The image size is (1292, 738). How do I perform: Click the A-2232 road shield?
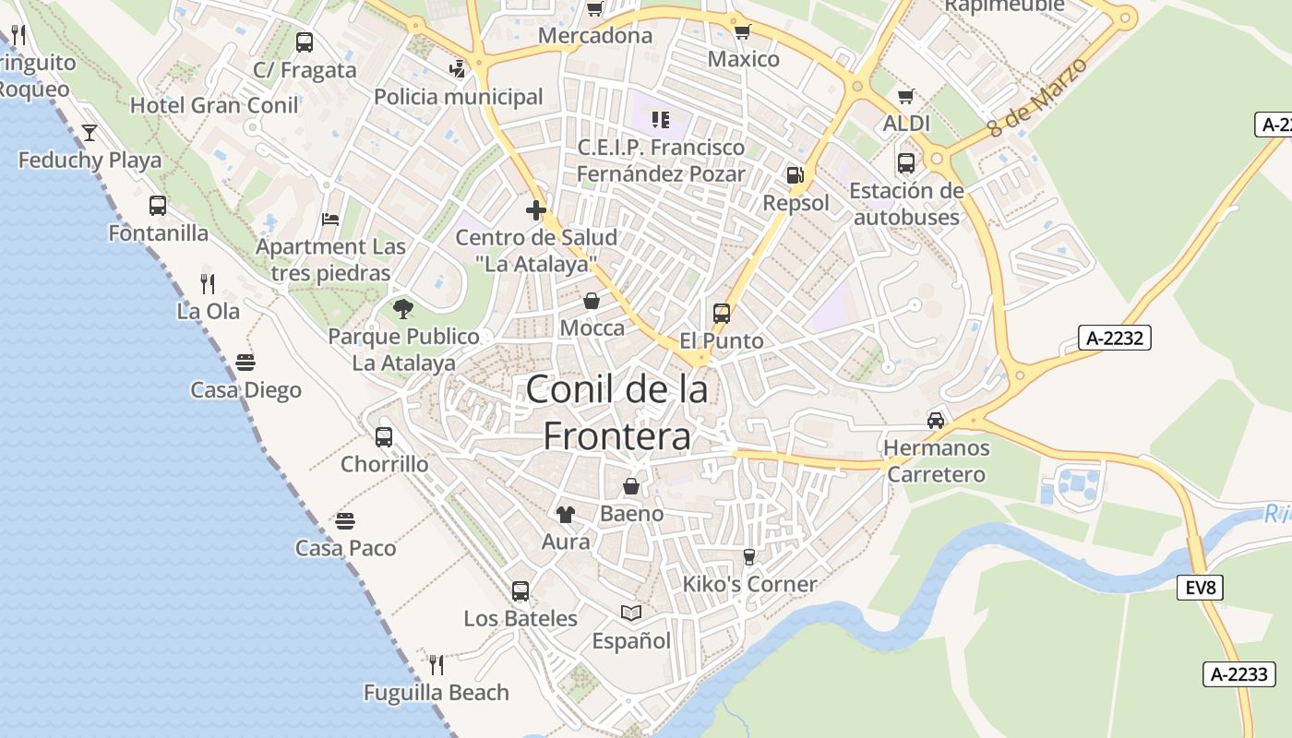(x=1115, y=338)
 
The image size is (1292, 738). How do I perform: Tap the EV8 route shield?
(x=1200, y=587)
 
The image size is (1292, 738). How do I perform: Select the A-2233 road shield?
(x=1238, y=673)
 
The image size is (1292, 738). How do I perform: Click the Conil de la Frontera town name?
(x=616, y=411)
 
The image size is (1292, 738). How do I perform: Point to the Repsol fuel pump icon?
(x=795, y=174)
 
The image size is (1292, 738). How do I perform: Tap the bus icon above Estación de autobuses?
(x=906, y=163)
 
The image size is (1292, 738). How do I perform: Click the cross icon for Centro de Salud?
(x=536, y=210)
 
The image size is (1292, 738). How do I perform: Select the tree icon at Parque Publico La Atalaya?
(x=403, y=309)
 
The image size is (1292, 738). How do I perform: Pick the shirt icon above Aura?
(x=566, y=515)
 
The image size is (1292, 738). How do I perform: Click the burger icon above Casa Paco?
(x=345, y=521)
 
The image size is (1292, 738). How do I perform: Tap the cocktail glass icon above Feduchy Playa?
(x=90, y=133)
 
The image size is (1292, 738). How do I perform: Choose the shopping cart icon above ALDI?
(x=906, y=96)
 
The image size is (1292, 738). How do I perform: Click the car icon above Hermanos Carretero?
(x=936, y=421)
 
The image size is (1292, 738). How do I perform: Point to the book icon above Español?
(x=631, y=613)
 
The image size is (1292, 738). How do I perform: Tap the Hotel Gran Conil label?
(x=214, y=105)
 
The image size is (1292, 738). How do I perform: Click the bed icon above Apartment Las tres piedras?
(x=330, y=220)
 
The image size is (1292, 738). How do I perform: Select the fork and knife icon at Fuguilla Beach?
(x=437, y=664)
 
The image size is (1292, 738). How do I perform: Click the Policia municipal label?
(x=458, y=97)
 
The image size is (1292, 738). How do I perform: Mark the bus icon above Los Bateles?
(x=520, y=590)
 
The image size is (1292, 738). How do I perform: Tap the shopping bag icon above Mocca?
(x=592, y=301)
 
